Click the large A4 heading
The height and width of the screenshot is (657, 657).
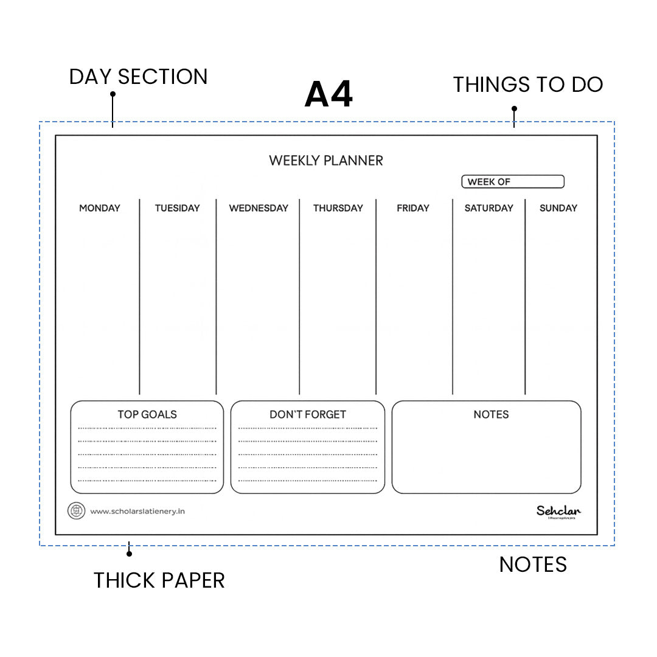[x=328, y=95]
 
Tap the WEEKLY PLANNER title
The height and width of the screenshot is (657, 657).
[x=326, y=161]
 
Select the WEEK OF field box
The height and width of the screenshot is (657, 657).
[x=513, y=182]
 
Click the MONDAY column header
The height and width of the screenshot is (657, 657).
[x=100, y=208]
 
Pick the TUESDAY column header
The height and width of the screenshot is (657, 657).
[x=177, y=208]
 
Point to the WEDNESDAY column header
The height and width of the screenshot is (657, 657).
[x=259, y=208]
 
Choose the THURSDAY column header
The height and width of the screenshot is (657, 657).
[x=338, y=208]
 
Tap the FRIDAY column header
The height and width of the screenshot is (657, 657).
[x=413, y=208]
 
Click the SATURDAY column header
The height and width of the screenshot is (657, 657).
[x=488, y=208]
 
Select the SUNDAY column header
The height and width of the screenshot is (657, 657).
[x=558, y=208]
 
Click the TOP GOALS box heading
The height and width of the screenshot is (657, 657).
[x=147, y=414]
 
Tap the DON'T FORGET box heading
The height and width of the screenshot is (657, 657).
[x=308, y=414]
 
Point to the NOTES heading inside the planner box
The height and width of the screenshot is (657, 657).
[x=491, y=414]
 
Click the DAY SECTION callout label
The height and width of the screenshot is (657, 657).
[x=139, y=77]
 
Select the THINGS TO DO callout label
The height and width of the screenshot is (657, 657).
[x=528, y=85]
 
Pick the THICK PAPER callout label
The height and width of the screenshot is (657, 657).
[x=159, y=580]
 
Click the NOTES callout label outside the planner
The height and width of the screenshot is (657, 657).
[x=533, y=565]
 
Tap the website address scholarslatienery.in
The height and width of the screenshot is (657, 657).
[x=137, y=512]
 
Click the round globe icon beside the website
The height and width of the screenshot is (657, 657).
[x=76, y=511]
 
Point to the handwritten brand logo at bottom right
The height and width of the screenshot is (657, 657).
[x=558, y=512]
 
